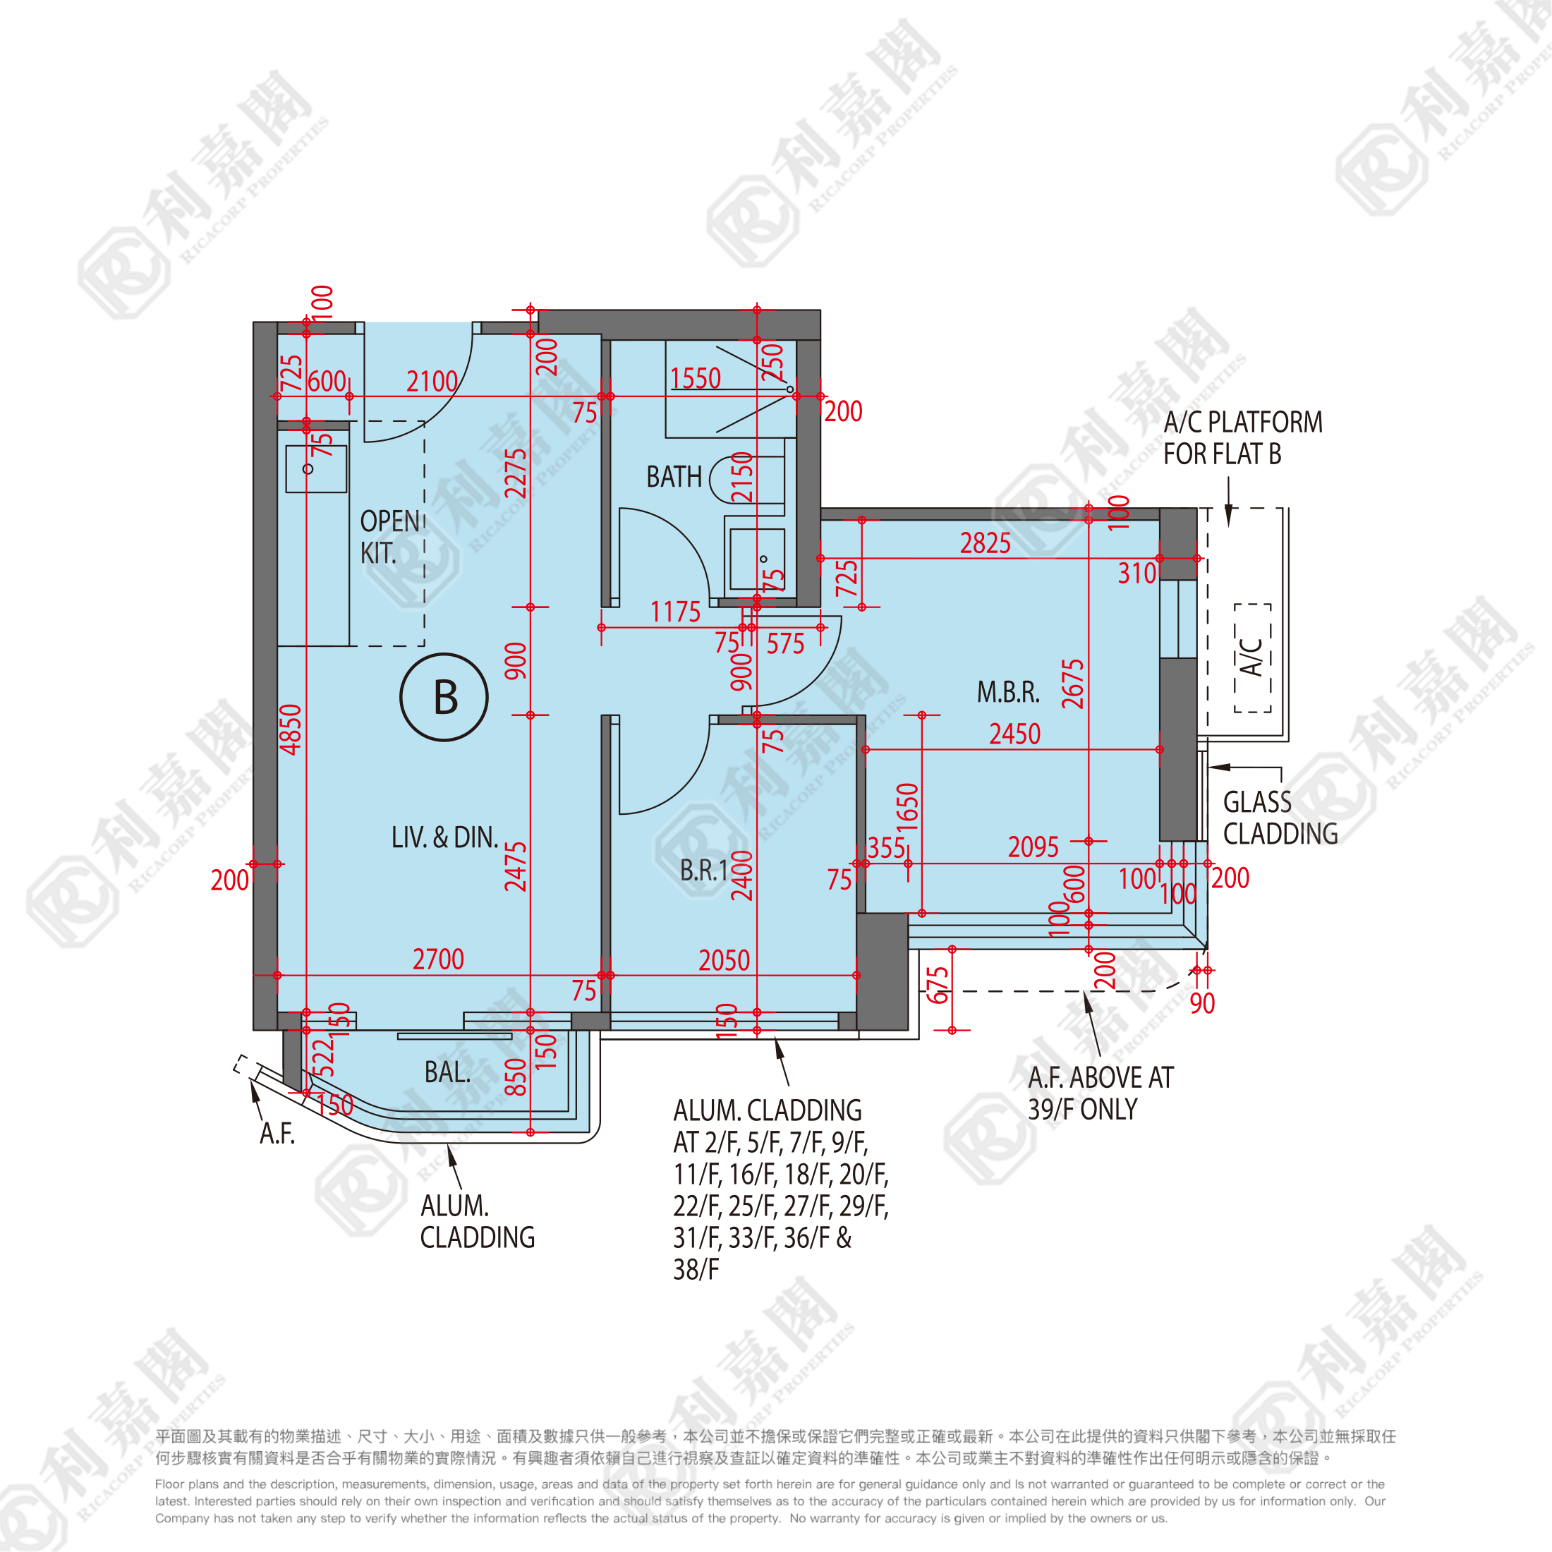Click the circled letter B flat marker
444,696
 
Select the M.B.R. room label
1008,691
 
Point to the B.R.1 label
704,870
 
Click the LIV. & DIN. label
444,838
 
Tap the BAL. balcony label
447,1072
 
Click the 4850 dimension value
291,729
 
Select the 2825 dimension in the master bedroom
986,544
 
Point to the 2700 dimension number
439,959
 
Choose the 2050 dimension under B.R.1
724,960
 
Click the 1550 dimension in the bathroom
696,378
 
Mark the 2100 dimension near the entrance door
432,382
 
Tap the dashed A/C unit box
1252,658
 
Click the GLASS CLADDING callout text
1280,818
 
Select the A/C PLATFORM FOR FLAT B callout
1243,438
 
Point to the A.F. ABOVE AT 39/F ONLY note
1101,1093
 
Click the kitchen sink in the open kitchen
317,469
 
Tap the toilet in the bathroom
747,479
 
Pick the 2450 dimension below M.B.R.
1014,734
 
